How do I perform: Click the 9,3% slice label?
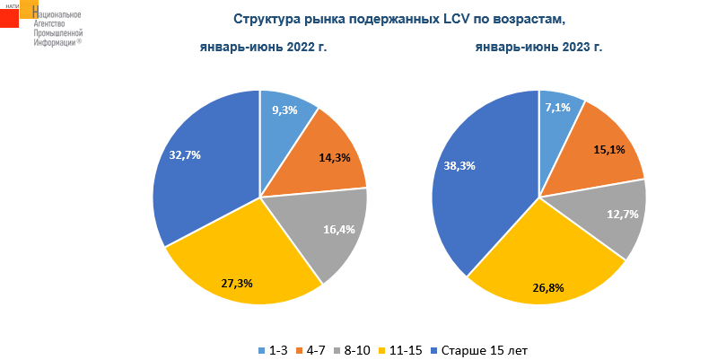[284, 110]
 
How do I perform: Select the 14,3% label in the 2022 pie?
[335, 157]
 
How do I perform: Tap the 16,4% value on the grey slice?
[338, 229]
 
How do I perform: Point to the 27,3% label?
[237, 283]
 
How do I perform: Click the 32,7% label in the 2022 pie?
[185, 154]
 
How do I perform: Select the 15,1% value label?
[609, 149]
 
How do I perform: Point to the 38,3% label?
[459, 165]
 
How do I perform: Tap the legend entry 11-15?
[404, 349]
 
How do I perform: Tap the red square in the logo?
[9, 18]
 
